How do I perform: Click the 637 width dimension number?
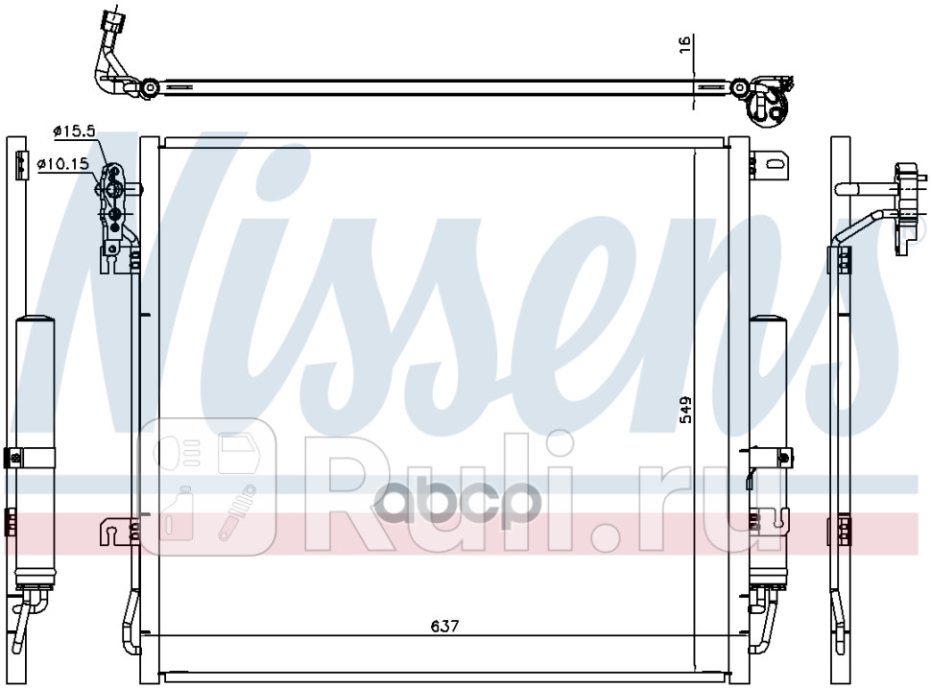tap(444, 626)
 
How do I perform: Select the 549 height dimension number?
tap(686, 410)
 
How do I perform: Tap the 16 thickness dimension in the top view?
tap(684, 44)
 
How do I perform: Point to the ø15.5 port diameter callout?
tap(74, 131)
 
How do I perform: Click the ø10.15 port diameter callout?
tap(63, 164)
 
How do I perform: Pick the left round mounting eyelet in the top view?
tap(151, 88)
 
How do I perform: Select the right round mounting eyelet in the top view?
tap(739, 88)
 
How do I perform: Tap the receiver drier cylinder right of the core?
tap(768, 451)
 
